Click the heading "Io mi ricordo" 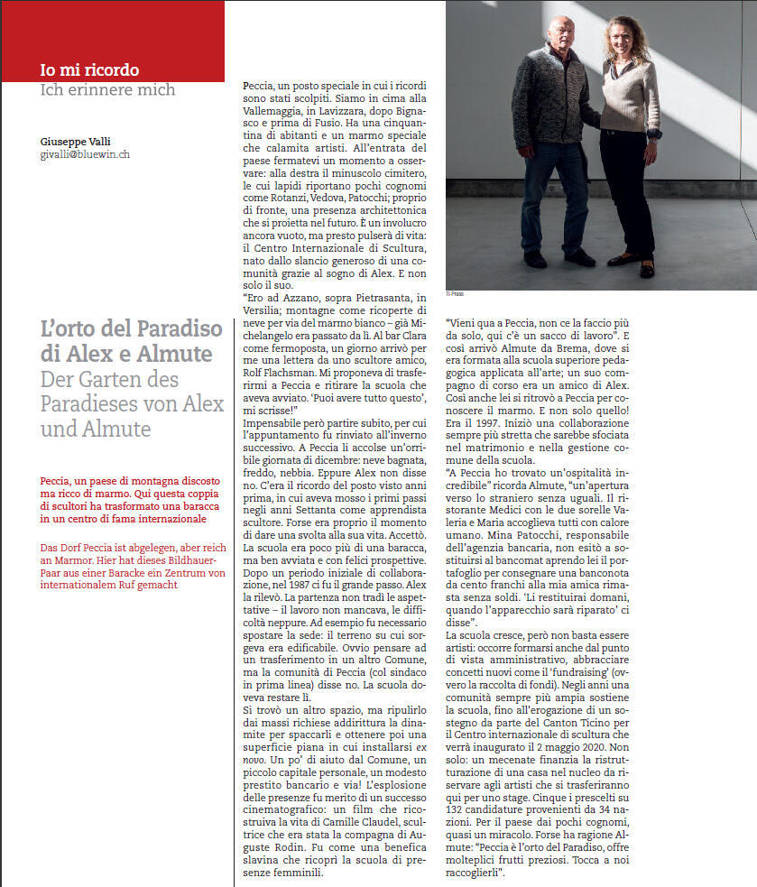pyautogui.click(x=89, y=69)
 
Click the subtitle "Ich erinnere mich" pyautogui.click(x=107, y=89)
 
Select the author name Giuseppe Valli pyautogui.click(x=75, y=142)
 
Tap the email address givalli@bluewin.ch pyautogui.click(x=85, y=154)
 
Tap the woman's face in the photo pyautogui.click(x=629, y=41)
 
